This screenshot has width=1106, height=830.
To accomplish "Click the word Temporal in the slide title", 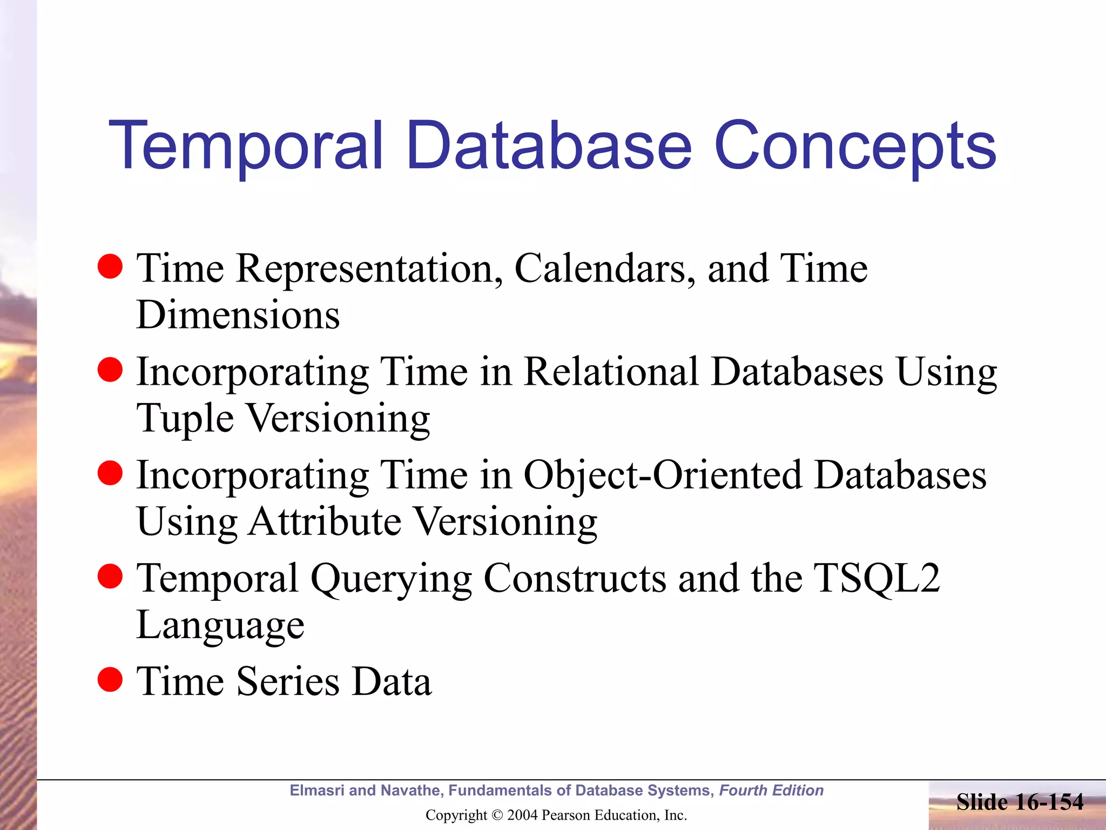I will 246,146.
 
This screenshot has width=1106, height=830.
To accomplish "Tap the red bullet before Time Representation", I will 110,266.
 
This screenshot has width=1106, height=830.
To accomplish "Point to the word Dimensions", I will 238,315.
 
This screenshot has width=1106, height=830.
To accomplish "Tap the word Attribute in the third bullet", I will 325,522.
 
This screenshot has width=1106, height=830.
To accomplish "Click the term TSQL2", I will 876,579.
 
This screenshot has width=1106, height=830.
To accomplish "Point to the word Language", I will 220,625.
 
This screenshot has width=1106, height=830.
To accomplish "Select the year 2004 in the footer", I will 523,815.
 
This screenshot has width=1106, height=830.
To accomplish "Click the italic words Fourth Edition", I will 771,791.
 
